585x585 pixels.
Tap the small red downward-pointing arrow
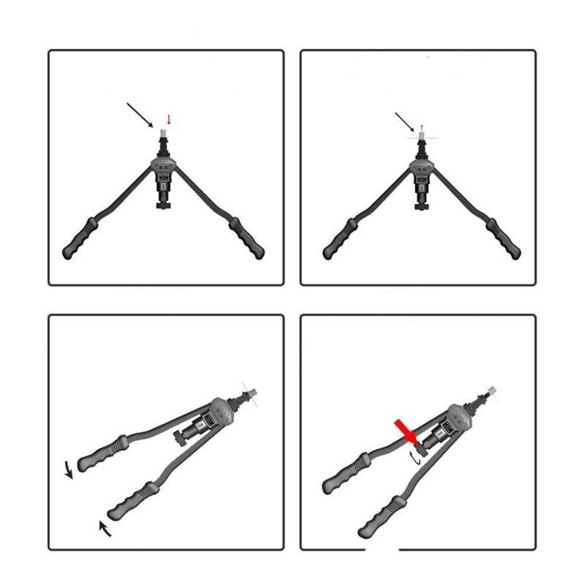(x=169, y=118)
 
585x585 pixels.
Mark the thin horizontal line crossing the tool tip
(x=423, y=137)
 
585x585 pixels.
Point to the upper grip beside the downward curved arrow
(x=99, y=453)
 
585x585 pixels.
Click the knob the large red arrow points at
(x=417, y=442)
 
